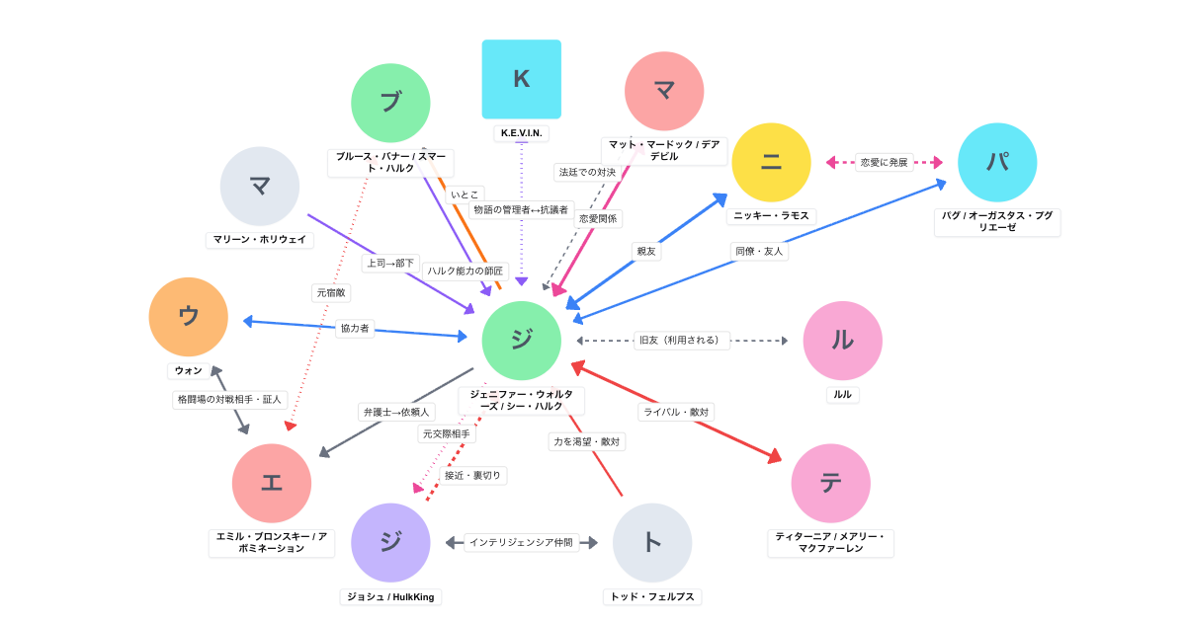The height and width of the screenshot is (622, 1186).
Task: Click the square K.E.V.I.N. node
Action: click(x=521, y=79)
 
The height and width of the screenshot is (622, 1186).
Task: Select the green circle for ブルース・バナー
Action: click(x=390, y=103)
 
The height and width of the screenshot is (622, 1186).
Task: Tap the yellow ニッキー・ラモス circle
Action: click(x=771, y=163)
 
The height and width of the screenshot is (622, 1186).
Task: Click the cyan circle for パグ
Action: click(x=997, y=163)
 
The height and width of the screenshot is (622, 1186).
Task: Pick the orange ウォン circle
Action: click(x=189, y=317)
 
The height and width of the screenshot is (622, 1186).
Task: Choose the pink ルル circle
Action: click(x=842, y=341)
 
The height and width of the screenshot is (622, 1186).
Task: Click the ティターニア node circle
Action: click(x=830, y=483)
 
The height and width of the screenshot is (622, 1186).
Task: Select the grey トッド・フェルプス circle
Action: click(x=652, y=542)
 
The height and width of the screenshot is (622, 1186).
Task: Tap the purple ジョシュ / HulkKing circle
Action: click(x=390, y=542)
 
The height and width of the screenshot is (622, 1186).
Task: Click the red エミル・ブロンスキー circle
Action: click(x=272, y=483)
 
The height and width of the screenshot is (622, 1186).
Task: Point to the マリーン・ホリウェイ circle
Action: click(x=260, y=187)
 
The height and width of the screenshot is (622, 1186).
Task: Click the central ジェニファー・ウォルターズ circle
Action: click(x=521, y=341)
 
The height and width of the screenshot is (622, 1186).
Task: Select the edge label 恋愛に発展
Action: click(x=884, y=162)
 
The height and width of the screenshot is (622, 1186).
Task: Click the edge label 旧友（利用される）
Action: click(x=682, y=341)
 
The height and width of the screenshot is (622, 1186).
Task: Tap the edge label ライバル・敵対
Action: click(x=676, y=412)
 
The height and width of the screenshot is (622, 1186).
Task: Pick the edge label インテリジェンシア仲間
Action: click(x=521, y=542)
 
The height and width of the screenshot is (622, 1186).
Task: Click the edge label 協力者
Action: click(x=355, y=328)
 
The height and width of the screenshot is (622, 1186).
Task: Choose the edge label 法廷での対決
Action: click(x=587, y=173)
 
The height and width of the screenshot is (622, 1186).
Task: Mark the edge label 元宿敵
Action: click(x=331, y=292)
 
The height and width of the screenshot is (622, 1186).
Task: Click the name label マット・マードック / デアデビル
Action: click(x=664, y=150)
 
